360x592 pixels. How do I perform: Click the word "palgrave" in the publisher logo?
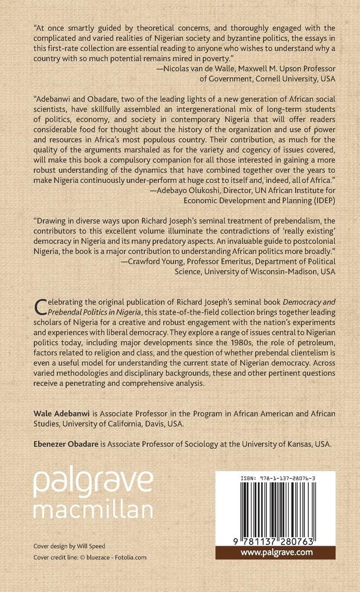(93, 481)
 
